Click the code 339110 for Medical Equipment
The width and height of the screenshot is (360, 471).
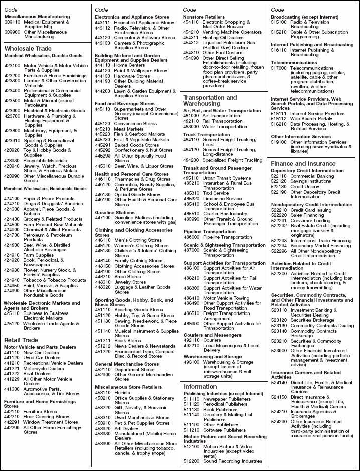coord(12,22)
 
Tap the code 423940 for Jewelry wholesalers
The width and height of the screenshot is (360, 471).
coord(12,166)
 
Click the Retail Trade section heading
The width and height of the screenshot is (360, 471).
coord(21,340)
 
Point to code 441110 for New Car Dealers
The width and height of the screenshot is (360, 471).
coord(12,353)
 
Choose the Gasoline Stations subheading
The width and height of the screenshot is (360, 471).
coord(115,212)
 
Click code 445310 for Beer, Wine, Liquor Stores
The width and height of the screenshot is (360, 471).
coord(103,166)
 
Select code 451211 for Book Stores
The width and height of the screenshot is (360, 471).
coord(103,340)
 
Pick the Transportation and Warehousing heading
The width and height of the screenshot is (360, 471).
coord(210,100)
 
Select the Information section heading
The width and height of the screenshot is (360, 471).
coord(200,386)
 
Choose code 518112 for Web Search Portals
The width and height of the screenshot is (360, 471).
coord(279,119)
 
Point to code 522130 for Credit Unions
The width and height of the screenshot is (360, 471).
coord(279,186)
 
